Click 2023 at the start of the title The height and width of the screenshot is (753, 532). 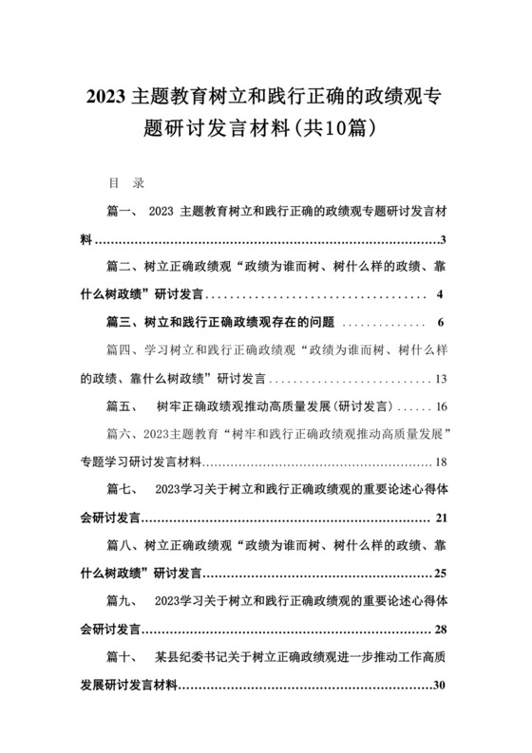[x=107, y=98]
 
